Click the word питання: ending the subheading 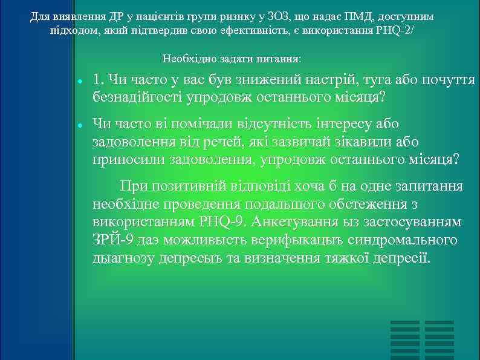[x=281, y=59]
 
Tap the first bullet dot [x=80, y=82]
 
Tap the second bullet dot [x=80, y=125]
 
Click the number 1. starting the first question [x=99, y=80]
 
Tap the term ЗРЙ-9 [x=112, y=240]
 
